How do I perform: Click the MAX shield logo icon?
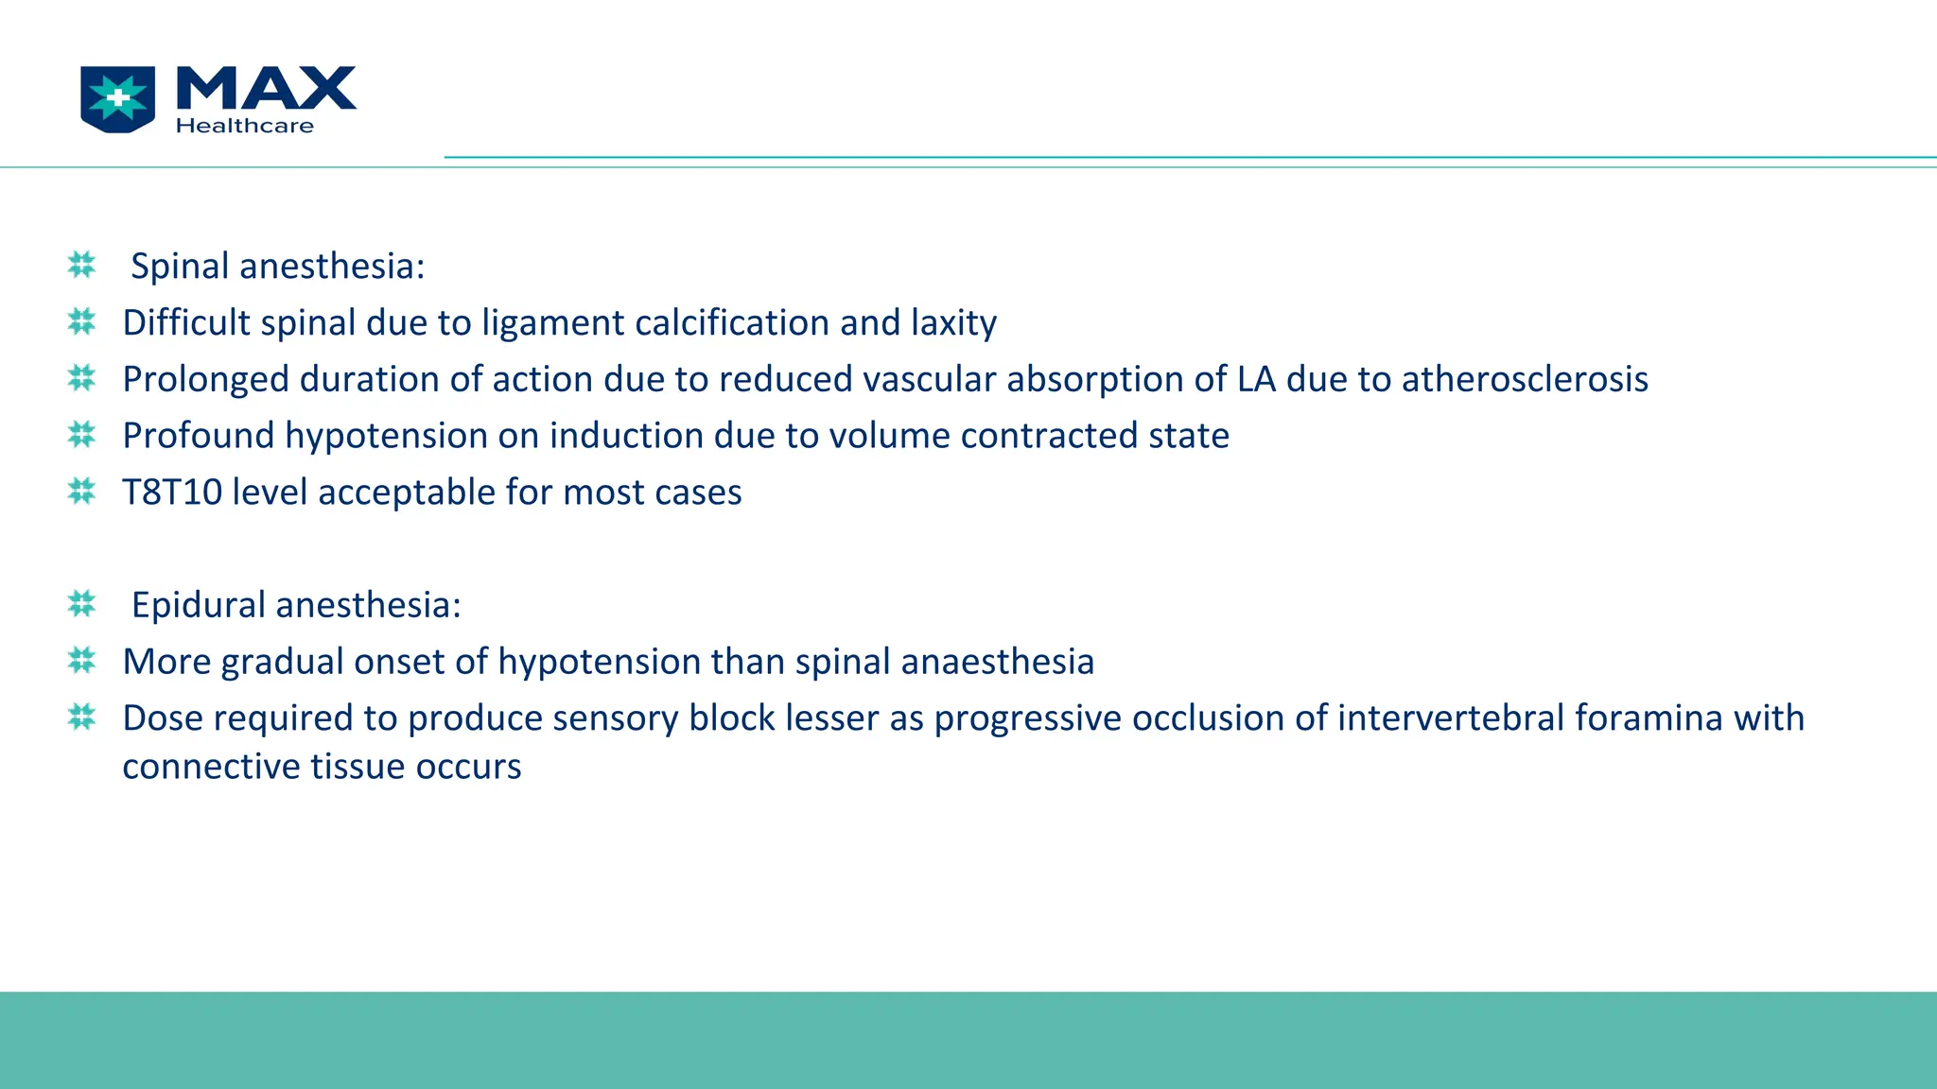tap(118, 98)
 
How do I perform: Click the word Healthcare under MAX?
tap(244, 126)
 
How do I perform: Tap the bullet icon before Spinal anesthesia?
tap(82, 265)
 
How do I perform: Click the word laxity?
tap(953, 322)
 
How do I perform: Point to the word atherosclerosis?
tap(1525, 379)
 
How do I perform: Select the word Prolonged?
tap(205, 379)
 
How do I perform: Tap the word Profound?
tap(198, 436)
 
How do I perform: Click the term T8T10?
tap(172, 493)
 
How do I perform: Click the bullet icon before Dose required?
tap(82, 717)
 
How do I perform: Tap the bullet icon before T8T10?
tap(82, 492)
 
